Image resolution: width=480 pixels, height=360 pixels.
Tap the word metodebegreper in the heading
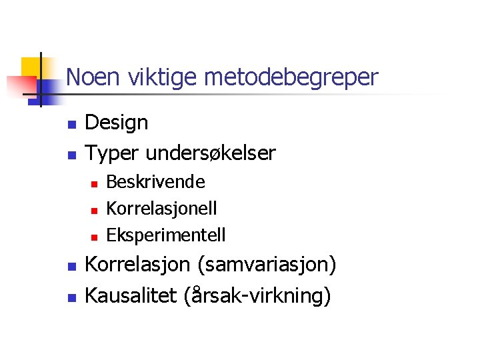[291, 79]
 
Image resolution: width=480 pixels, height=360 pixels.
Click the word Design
[117, 123]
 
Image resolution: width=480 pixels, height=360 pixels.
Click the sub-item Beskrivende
[155, 181]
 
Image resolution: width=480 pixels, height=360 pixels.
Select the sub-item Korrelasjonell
[161, 208]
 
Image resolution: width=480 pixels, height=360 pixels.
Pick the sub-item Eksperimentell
[166, 235]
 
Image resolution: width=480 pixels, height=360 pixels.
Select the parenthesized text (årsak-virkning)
[257, 295]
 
